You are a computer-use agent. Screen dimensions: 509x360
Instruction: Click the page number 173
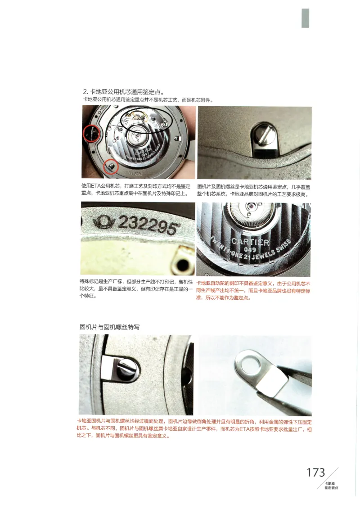pos(316,472)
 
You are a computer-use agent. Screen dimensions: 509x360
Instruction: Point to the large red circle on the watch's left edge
pos(92,134)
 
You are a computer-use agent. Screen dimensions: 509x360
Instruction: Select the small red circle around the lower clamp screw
pos(111,167)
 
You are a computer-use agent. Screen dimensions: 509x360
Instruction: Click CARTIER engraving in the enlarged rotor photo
pos(250,243)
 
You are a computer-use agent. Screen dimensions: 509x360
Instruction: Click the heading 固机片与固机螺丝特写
pos(112,326)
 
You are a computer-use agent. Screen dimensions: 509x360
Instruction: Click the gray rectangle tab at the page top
pos(305,18)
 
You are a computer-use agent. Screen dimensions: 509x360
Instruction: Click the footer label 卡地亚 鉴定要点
pos(331,486)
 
